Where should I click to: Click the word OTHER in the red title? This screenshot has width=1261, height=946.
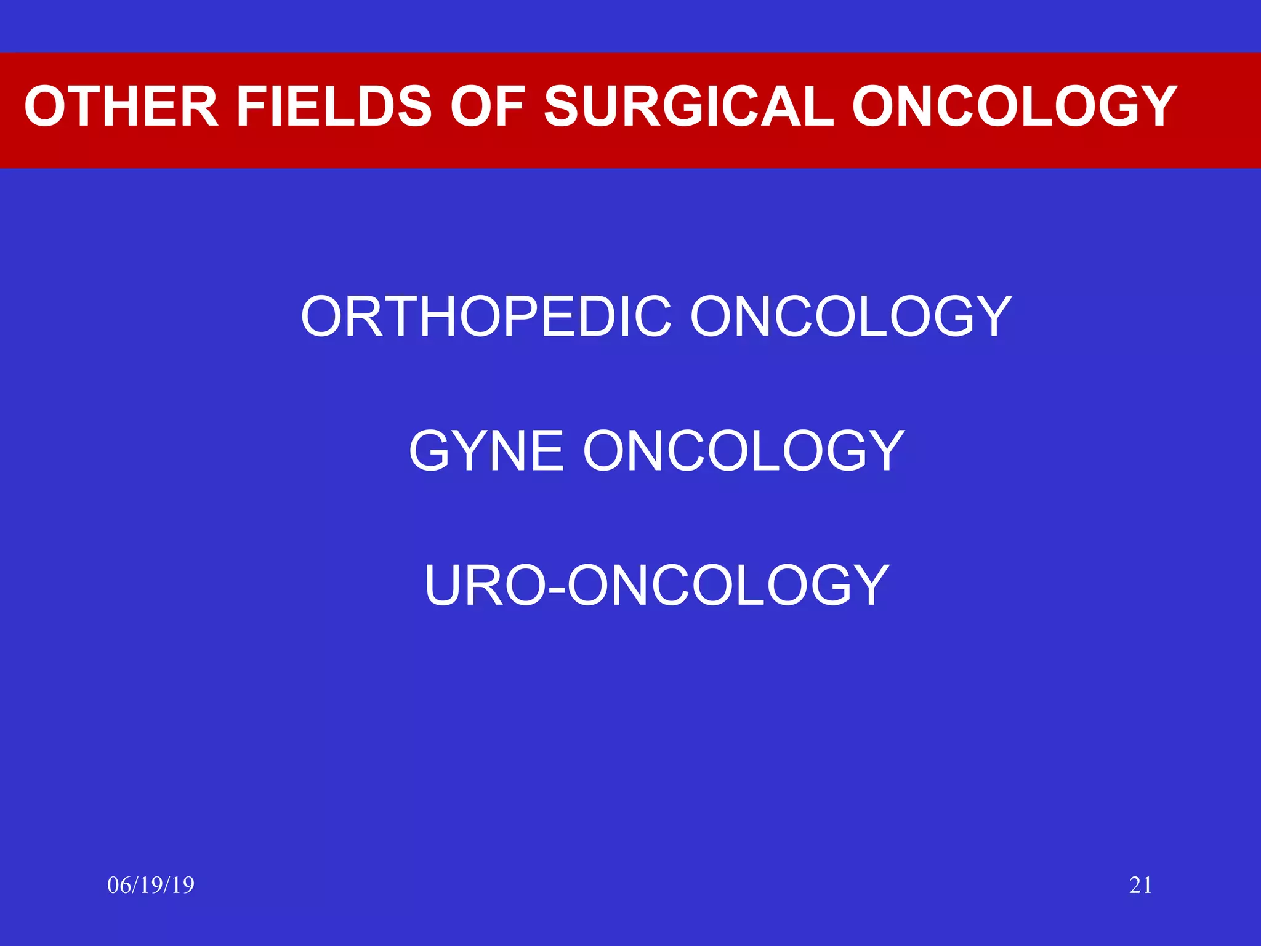[121, 107]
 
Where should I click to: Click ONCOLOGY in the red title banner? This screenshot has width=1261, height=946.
[1015, 107]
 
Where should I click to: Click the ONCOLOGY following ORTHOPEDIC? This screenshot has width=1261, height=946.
[851, 317]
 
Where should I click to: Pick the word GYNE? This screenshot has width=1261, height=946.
[486, 451]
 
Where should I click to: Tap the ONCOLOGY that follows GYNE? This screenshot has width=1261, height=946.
[744, 451]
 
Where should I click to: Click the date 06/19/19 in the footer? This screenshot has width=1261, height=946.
[151, 885]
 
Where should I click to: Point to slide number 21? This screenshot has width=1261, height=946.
[1140, 885]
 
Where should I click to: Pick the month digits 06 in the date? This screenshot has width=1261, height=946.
[119, 885]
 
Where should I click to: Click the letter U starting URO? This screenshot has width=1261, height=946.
[446, 585]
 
